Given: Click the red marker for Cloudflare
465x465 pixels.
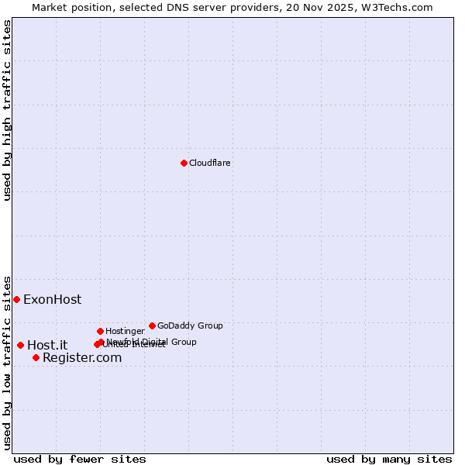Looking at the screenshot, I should click(x=184, y=163).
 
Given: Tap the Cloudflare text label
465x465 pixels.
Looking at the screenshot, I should click(x=210, y=164).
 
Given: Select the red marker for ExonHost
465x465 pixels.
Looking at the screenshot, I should click(x=16, y=299).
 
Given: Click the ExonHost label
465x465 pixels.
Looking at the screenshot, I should click(x=52, y=300).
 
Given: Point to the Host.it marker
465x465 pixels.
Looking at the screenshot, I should click(x=20, y=345).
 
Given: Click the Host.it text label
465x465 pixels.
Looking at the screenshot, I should click(x=47, y=346).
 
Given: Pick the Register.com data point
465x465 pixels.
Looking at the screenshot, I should click(x=36, y=357).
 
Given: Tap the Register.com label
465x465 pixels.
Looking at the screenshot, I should click(x=82, y=358).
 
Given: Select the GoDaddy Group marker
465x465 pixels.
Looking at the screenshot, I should click(x=152, y=325).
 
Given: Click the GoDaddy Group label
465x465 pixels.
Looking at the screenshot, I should click(x=190, y=326).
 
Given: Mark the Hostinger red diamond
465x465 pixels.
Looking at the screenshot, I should click(x=100, y=331).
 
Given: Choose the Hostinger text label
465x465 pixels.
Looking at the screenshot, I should click(x=125, y=332).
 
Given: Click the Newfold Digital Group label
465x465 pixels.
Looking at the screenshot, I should click(x=152, y=342).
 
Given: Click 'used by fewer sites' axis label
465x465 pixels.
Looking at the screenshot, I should click(x=80, y=460).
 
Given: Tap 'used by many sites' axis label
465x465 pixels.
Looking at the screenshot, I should click(x=389, y=460).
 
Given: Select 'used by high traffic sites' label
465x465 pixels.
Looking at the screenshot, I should click(x=8, y=110).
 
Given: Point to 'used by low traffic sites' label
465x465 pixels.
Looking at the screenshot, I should click(x=8, y=363).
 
